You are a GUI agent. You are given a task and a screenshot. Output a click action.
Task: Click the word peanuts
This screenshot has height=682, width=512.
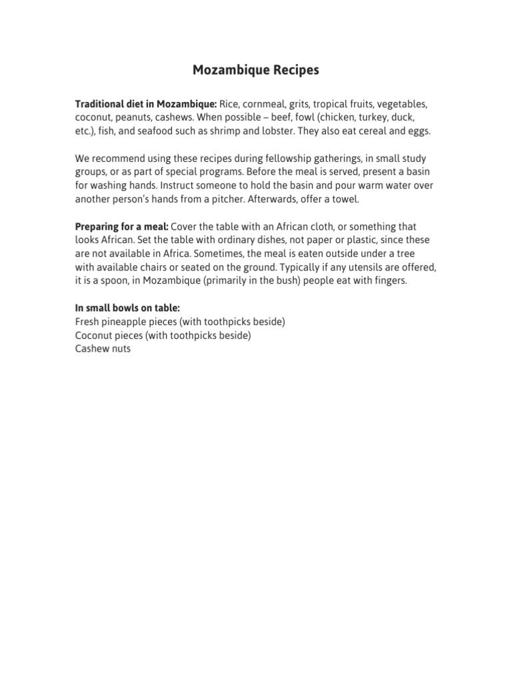coord(134,118)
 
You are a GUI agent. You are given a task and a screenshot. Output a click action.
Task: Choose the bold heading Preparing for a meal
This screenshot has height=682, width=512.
coord(121,227)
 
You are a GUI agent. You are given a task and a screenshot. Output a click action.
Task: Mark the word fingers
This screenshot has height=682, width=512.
coord(389,280)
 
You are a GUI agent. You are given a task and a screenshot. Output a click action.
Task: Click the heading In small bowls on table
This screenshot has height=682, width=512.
coord(127,308)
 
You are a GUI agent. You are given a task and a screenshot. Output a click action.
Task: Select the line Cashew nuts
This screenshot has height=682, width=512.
coord(103,348)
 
